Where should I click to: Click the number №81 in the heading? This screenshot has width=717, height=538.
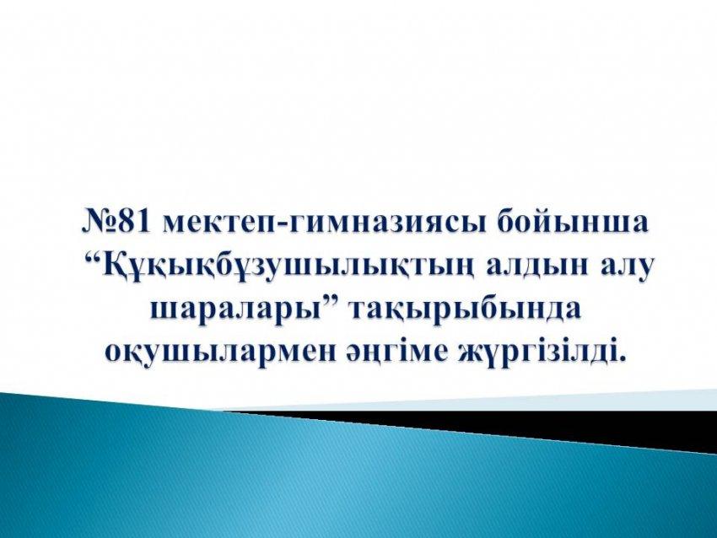tap(116, 222)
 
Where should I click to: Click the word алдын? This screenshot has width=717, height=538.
tap(534, 266)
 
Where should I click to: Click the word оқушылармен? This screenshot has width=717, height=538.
tap(224, 352)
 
